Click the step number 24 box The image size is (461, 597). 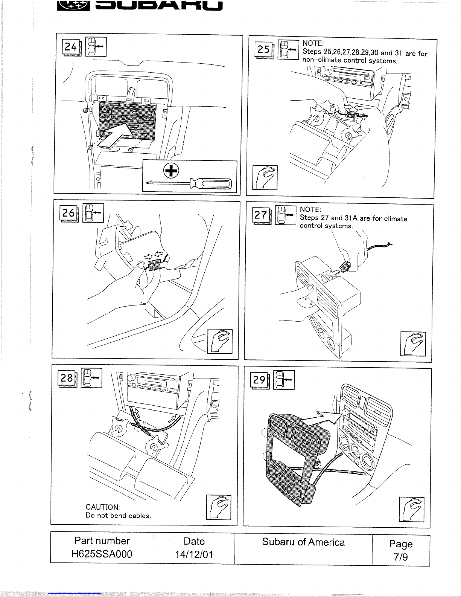71,47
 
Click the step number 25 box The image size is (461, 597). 264,49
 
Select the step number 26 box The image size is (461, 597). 68,213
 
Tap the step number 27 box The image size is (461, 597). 261,216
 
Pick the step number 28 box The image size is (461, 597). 67,378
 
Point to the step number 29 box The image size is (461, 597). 259,380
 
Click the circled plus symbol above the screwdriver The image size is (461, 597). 171,171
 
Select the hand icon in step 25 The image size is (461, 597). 265,177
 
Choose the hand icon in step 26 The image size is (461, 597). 220,341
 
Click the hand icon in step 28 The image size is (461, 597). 219,507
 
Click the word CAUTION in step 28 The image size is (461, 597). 102,507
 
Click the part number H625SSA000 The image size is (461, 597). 102,554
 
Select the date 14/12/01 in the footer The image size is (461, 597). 194,554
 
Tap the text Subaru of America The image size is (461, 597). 303,542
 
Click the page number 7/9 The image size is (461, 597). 401,557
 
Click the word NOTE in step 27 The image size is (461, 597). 310,209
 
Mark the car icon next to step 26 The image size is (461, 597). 93,213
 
